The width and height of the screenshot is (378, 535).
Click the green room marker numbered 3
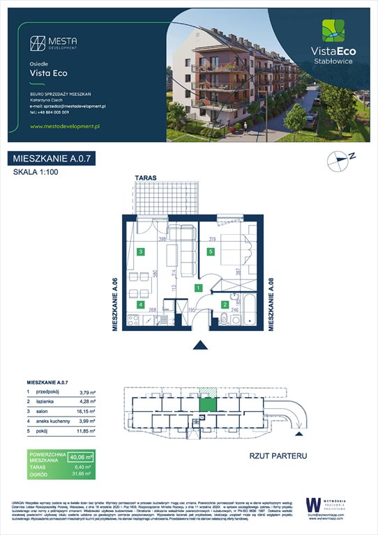click(x=141, y=252)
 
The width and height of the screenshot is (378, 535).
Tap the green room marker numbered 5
click(x=211, y=252)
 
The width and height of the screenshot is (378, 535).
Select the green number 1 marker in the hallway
click(x=198, y=287)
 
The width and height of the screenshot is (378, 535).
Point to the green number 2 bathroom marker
click(x=225, y=304)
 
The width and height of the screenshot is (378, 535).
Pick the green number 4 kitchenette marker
click(x=141, y=304)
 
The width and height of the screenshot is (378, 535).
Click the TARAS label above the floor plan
click(x=146, y=178)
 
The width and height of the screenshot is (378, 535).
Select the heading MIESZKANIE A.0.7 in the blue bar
click(x=52, y=159)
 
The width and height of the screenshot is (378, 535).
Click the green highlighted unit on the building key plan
click(x=207, y=403)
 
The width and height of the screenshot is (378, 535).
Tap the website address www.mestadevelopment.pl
click(x=67, y=126)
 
